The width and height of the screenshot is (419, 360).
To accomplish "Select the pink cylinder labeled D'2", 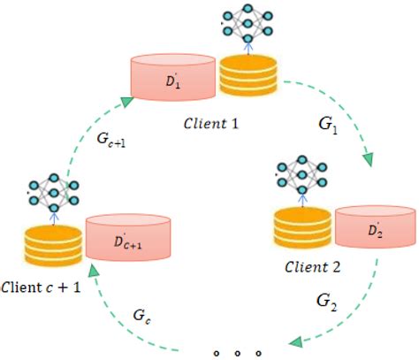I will pyautogui.click(x=375, y=228).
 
